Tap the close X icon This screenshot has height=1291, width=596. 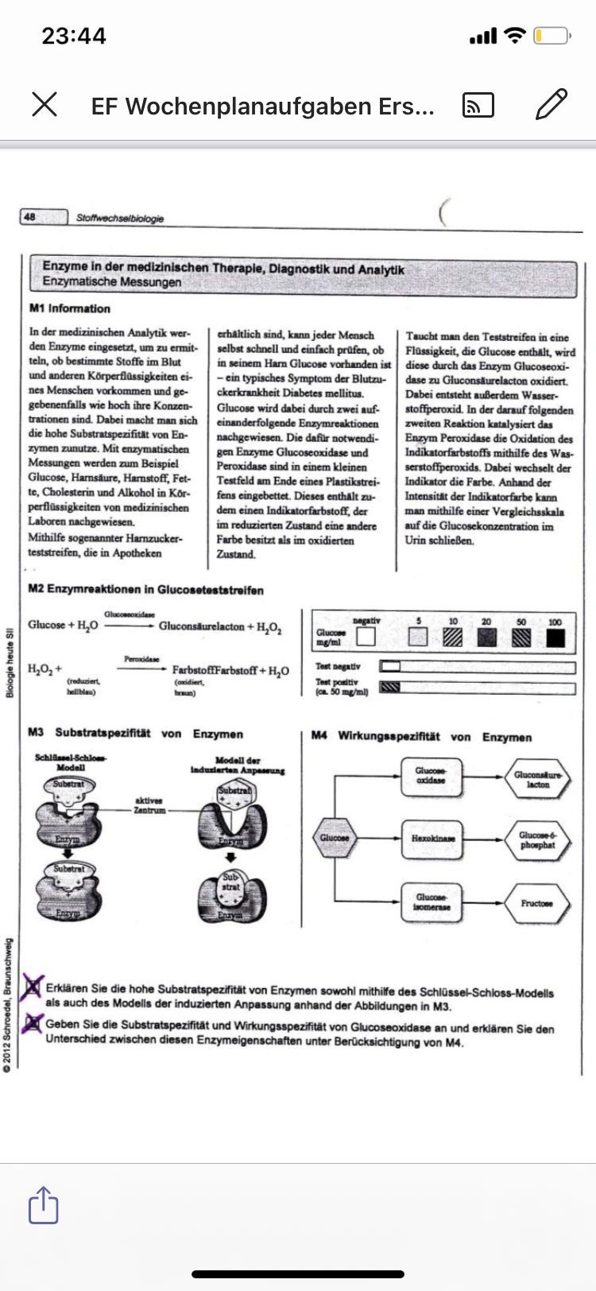[45, 104]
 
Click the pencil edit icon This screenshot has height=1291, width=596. [551, 104]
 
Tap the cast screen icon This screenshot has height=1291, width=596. [478, 105]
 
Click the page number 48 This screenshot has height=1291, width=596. [30, 216]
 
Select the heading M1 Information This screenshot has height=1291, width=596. [70, 308]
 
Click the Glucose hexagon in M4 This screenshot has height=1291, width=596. [335, 838]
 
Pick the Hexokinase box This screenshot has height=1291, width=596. [432, 839]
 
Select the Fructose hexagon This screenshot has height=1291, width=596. [536, 903]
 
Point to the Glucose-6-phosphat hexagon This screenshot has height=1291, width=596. [538, 839]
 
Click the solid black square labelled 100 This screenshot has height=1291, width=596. [555, 638]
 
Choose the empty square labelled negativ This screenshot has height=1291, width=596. [366, 637]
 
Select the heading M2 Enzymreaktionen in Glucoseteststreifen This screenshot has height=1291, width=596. [145, 590]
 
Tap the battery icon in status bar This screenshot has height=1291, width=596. [551, 36]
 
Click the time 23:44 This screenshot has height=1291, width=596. [74, 36]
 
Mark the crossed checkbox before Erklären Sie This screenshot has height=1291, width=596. [32, 987]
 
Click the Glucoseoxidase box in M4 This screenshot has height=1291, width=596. [432, 775]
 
